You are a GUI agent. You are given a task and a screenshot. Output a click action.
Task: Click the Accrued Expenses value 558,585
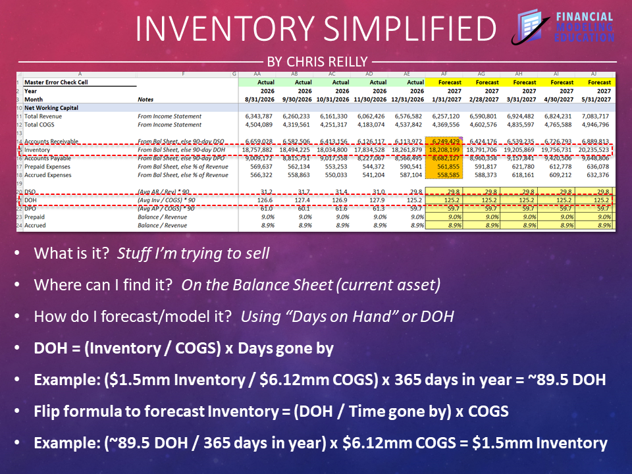coord(446,175)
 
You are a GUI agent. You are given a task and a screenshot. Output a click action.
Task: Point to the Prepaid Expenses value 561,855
coord(446,167)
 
